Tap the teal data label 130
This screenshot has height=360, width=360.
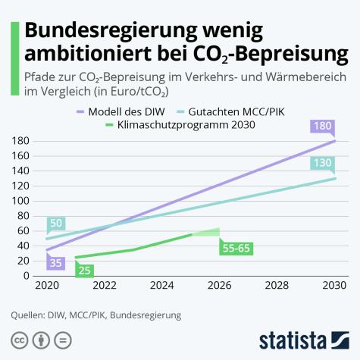coord(322,164)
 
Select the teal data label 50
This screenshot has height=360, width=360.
coord(55,224)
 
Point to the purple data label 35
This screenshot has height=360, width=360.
coord(55,263)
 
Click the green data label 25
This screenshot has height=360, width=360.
coord(84,270)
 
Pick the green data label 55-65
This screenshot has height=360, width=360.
coord(236,248)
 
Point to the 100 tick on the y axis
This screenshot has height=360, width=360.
coord(20,201)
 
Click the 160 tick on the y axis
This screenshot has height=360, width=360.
coord(20,155)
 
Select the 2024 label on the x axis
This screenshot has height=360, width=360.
coord(161,286)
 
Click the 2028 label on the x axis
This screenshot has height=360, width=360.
coord(277,286)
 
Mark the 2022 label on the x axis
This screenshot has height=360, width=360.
coord(104,286)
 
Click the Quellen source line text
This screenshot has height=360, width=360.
coord(97,314)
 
